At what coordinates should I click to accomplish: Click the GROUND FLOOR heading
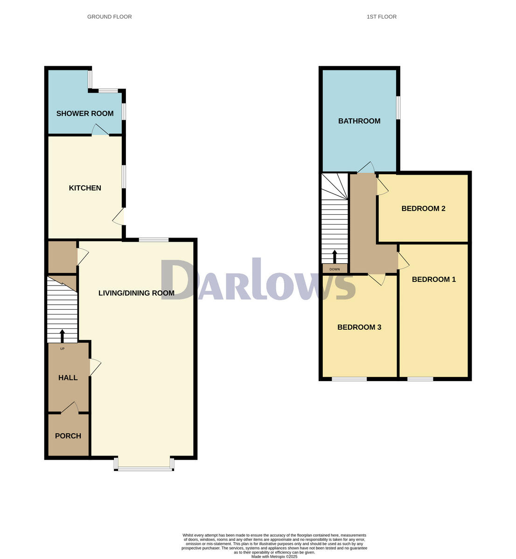point(110,17)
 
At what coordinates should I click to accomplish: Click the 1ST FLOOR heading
point(382,17)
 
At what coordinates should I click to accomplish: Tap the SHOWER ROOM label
point(85,113)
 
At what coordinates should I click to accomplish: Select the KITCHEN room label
point(85,188)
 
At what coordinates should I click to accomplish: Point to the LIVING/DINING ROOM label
point(136,293)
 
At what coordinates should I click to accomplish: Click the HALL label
point(68,377)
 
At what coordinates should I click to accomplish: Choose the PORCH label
point(68,436)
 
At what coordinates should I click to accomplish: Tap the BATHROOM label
point(359,121)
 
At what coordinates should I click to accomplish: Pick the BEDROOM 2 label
point(423,208)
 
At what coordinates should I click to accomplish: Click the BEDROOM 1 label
point(434,279)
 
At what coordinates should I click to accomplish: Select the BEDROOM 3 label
point(359,327)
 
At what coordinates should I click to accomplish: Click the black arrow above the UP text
point(62,336)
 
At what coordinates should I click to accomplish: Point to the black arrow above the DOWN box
point(335,257)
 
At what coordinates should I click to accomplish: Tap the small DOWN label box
point(335,269)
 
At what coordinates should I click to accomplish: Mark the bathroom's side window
point(398,108)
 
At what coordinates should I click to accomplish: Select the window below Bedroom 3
point(349,379)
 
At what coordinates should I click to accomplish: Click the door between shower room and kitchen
point(100,130)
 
